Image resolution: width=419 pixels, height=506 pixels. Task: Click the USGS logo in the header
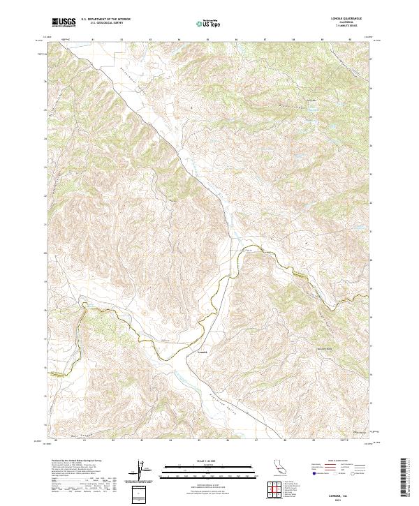pyautogui.click(x=64, y=23)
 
